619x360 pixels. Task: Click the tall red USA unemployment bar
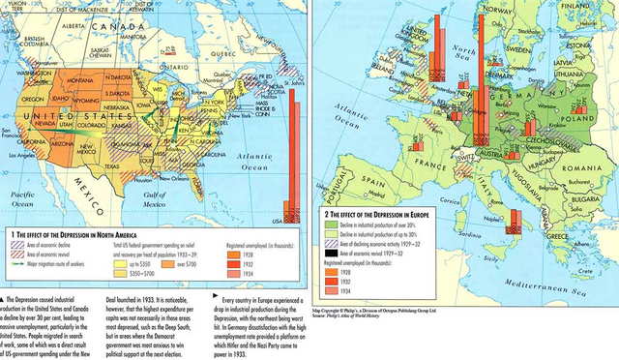coord(287,145)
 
